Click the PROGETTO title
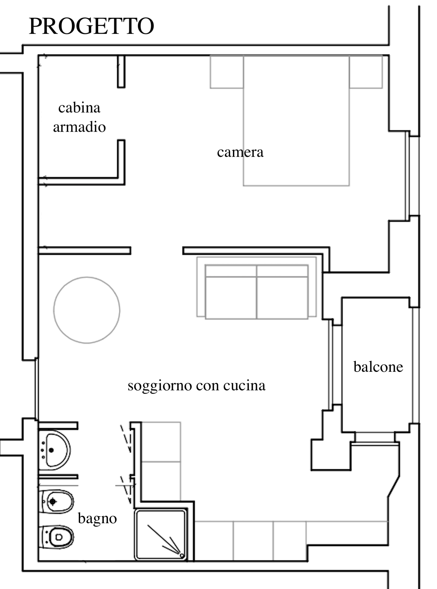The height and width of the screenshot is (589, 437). tap(91, 26)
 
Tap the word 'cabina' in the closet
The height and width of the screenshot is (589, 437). tap(79, 108)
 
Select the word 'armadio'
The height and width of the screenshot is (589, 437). tap(79, 127)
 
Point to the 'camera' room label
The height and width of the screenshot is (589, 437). tap(240, 152)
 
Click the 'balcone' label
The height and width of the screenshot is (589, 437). tap(378, 367)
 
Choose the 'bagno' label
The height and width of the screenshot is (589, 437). tap(97, 519)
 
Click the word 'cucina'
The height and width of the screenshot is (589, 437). tap(244, 385)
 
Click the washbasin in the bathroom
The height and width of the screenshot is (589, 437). tap(54, 450)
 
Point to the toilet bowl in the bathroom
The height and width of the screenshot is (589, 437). tap(56, 537)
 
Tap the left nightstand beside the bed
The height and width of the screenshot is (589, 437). tap(227, 72)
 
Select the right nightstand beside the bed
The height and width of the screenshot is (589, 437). tap(366, 72)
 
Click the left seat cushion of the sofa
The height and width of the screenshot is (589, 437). tap(231, 297)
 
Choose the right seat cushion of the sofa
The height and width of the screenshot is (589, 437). tap(282, 297)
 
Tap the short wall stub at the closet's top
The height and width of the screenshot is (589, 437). tap(121, 72)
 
